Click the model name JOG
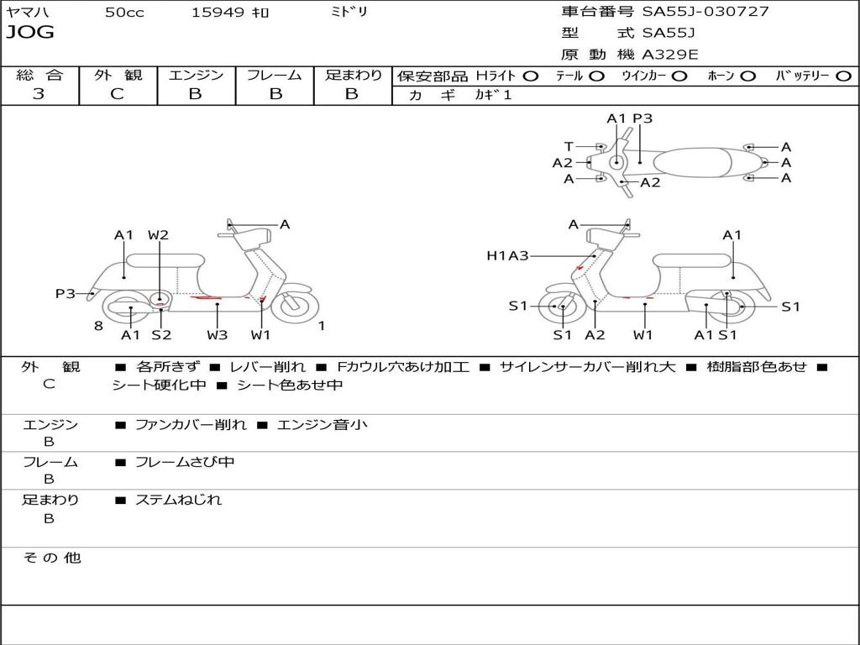click(30, 33)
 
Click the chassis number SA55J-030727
click(705, 12)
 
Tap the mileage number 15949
click(218, 13)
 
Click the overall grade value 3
click(39, 94)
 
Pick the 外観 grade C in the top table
click(118, 94)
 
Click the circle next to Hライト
click(531, 76)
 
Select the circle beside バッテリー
click(844, 76)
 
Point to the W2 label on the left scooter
click(158, 235)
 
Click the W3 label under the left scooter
click(218, 334)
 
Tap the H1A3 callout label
click(507, 255)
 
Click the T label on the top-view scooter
click(569, 146)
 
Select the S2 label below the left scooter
click(161, 334)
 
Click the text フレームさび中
click(185, 463)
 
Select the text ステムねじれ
click(178, 500)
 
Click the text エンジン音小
click(322, 425)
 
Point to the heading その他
click(52, 558)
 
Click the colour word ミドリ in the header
click(349, 12)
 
